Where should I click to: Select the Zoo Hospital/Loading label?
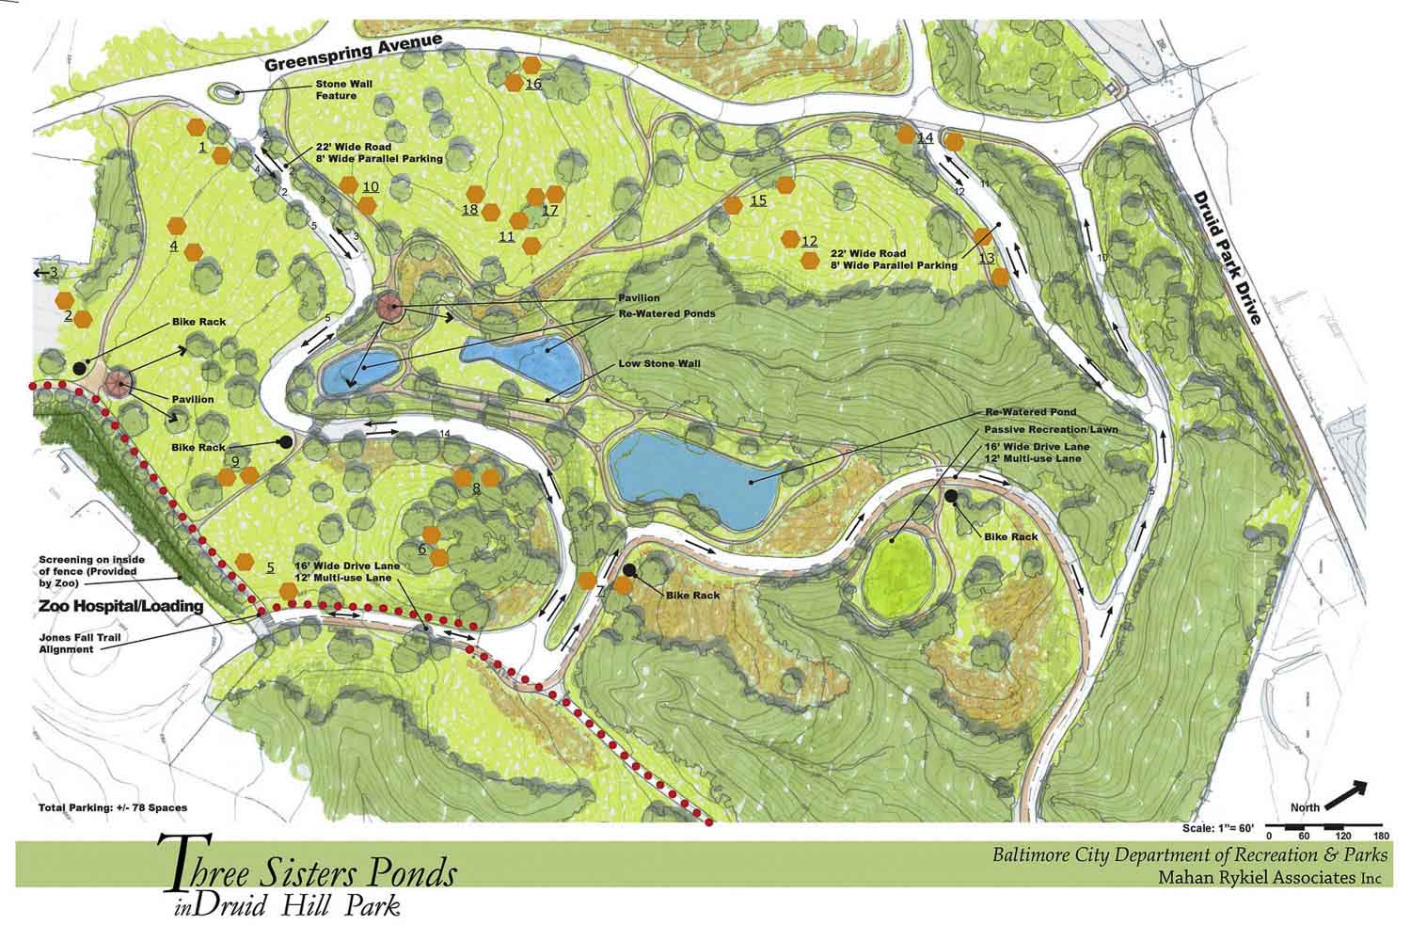(121, 607)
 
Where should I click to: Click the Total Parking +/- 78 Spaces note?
(112, 807)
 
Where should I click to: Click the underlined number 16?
(533, 85)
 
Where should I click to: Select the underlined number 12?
(809, 241)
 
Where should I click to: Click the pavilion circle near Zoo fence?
(119, 381)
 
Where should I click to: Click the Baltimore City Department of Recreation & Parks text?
(1188, 856)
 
